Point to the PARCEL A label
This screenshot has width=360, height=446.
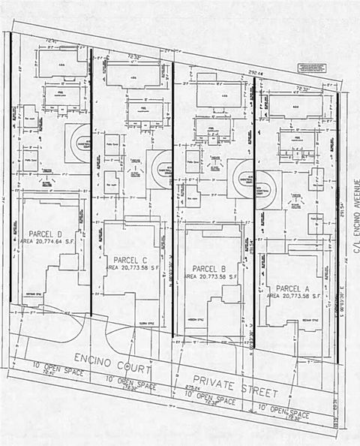point(292,288)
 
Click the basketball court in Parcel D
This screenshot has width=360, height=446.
point(77,140)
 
